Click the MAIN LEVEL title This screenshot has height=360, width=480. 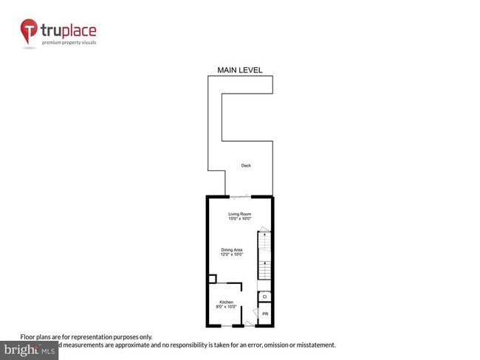point(239,70)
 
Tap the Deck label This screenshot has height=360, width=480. point(246,165)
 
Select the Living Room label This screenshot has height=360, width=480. point(240,213)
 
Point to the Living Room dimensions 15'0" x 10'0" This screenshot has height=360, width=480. point(240,219)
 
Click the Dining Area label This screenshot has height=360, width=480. point(233,249)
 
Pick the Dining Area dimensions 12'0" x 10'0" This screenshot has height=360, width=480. point(233,255)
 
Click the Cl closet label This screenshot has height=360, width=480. point(264,297)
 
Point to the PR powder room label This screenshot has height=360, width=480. point(264,314)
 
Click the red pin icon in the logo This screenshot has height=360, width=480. point(29,31)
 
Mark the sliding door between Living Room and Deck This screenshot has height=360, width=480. point(240,196)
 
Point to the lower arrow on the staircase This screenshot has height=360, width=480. point(264,263)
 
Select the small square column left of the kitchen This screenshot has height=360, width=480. point(211,280)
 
